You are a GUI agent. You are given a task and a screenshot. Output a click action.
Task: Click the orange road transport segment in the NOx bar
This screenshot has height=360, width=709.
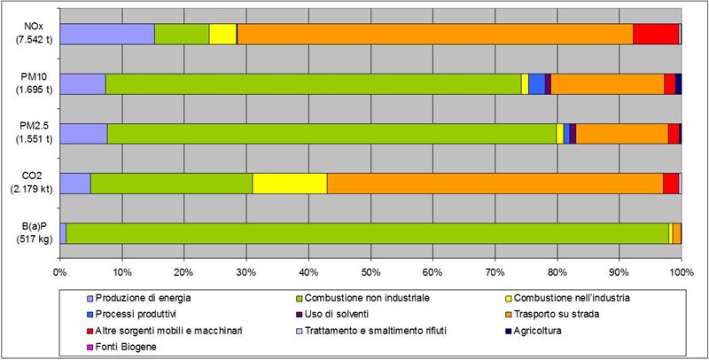point(434,34)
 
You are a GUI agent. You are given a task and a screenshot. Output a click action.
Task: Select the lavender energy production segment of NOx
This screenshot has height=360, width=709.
point(107,34)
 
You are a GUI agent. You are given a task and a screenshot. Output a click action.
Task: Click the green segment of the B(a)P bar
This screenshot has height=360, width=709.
point(368,232)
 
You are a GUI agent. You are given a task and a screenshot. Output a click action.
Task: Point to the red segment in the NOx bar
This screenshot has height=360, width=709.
point(656,34)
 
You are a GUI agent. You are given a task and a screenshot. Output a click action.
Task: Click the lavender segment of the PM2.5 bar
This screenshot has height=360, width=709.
point(83,133)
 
